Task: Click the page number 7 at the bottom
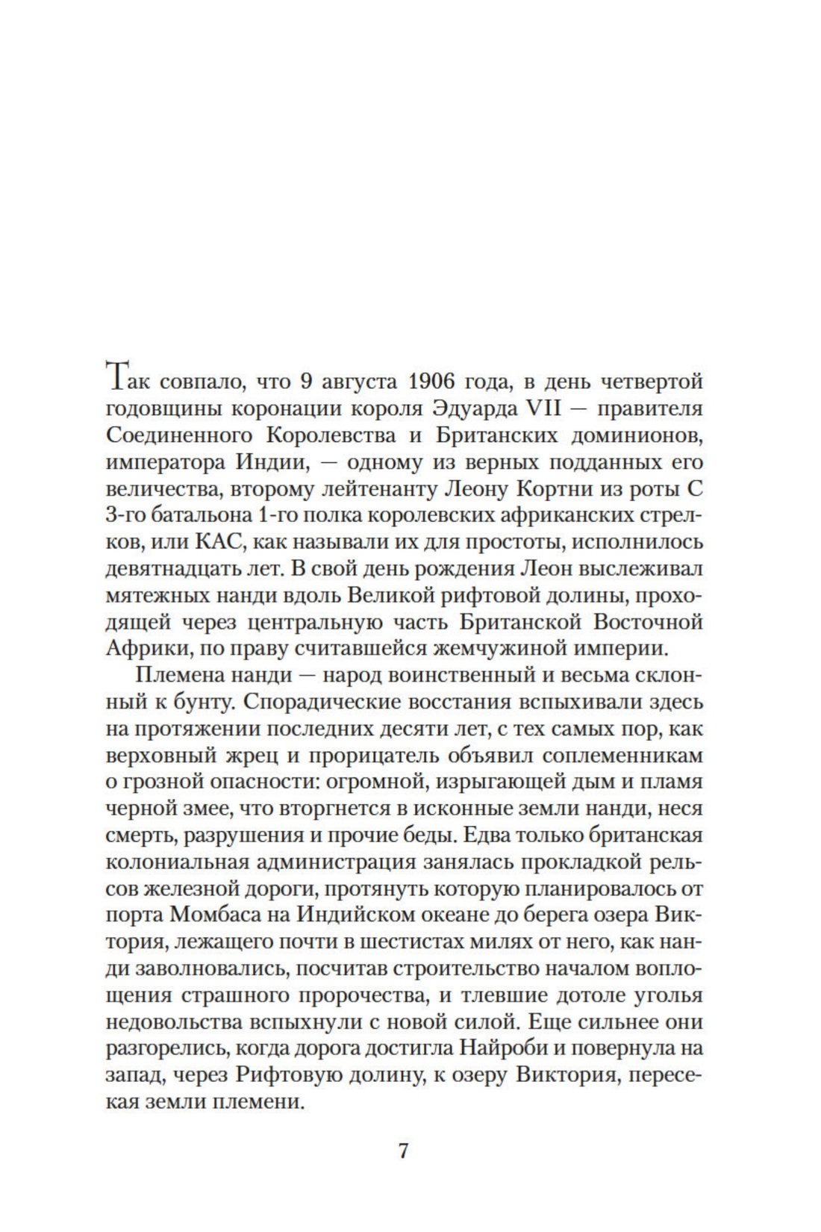coord(403,1151)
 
